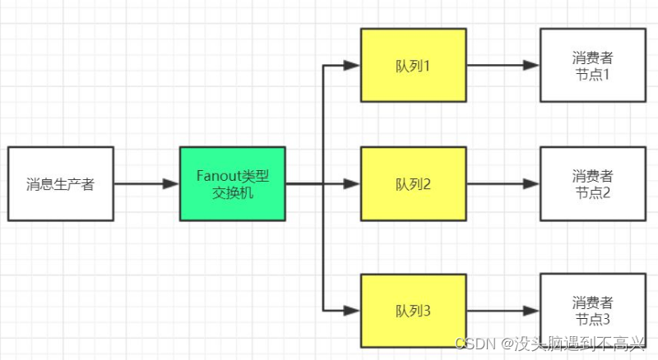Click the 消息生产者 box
point(60,184)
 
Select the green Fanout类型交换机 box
point(233,184)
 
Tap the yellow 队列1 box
point(413,65)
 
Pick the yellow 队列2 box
point(413,184)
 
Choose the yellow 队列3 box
point(413,310)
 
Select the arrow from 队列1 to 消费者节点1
point(502,65)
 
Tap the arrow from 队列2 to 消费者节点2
point(502,184)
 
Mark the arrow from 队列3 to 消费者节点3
point(502,310)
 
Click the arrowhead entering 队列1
point(353,65)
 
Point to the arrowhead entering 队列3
point(353,310)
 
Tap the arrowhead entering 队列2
point(353,184)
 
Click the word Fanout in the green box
point(218,176)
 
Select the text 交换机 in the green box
point(233,193)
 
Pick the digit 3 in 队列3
point(428,310)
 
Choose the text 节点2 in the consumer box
point(592,193)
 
